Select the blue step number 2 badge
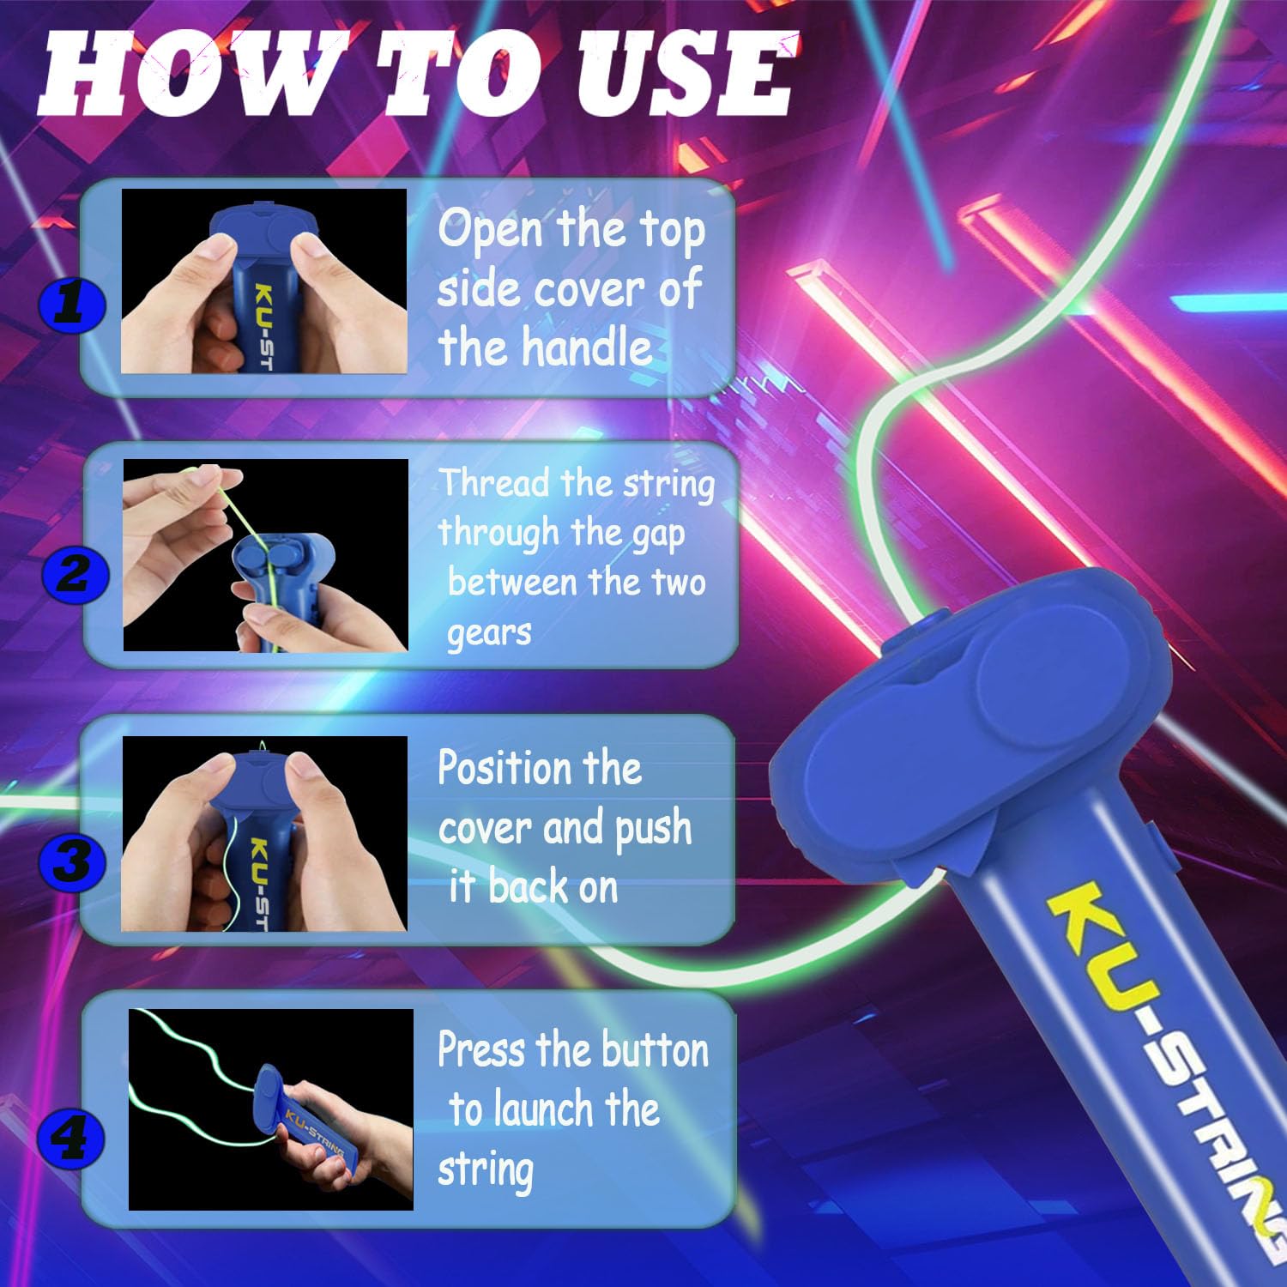click(x=75, y=573)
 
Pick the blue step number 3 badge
click(x=72, y=861)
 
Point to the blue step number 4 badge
click(x=72, y=1139)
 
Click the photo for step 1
click(x=263, y=281)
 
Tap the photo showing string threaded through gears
click(x=266, y=555)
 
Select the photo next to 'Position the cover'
click(x=264, y=834)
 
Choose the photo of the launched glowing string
click(x=271, y=1109)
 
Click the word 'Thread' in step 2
click(x=495, y=482)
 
